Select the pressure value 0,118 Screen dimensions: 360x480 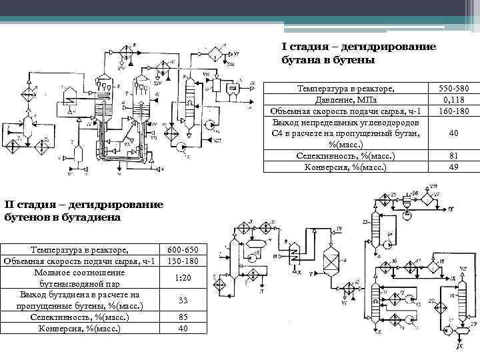pyautogui.click(x=453, y=99)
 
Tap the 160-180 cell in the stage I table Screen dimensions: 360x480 pyautogui.click(x=453, y=111)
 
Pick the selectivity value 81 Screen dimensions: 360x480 pyautogui.click(x=453, y=156)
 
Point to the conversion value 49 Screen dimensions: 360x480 pyautogui.click(x=453, y=167)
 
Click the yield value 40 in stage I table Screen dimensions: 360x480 pyautogui.click(x=453, y=133)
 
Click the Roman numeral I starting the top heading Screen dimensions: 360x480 pyautogui.click(x=283, y=47)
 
